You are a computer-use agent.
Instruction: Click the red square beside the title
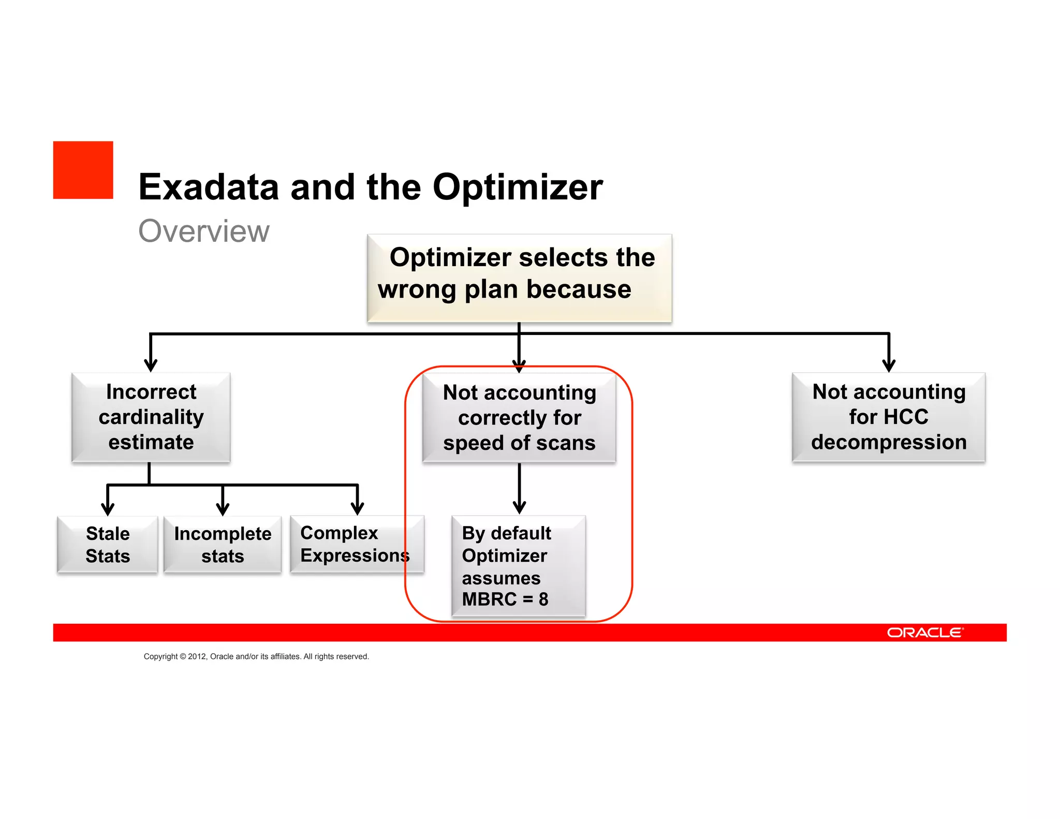click(83, 170)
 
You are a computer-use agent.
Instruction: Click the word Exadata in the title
click(209, 187)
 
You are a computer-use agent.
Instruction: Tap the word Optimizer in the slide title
click(518, 187)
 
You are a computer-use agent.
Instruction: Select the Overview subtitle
click(204, 231)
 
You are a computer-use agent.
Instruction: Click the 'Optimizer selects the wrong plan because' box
click(519, 278)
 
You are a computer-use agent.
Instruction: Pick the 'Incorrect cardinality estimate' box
click(151, 417)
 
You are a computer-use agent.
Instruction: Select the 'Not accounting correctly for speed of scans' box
click(519, 417)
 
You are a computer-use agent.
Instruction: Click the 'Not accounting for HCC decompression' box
click(888, 417)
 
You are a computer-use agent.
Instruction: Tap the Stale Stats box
click(108, 545)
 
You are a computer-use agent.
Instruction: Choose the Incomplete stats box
click(223, 545)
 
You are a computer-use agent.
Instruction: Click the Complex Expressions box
click(356, 544)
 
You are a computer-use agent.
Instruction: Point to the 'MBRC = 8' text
click(505, 599)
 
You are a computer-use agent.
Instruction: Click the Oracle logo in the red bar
click(924, 633)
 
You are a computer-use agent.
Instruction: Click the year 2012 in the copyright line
click(197, 656)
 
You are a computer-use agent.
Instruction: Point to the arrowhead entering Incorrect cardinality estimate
click(151, 365)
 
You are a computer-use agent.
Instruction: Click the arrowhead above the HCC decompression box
click(889, 365)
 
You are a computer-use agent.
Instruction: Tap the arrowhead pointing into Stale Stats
click(108, 509)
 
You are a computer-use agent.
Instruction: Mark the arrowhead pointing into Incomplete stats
click(223, 509)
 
